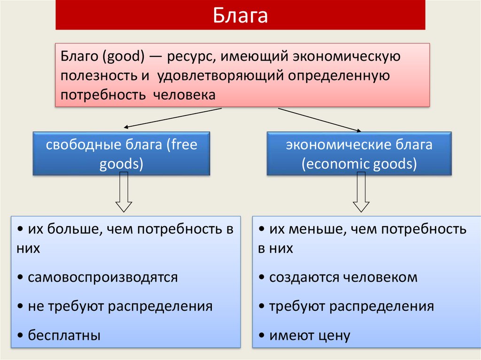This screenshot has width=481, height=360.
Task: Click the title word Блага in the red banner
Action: click(x=240, y=15)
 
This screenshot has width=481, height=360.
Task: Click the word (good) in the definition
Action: click(x=124, y=57)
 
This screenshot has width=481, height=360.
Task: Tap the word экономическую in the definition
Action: click(x=346, y=57)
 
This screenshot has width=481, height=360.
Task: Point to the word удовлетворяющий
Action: click(x=221, y=76)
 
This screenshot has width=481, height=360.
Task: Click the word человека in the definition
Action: click(x=184, y=95)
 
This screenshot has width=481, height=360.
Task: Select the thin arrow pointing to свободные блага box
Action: click(x=173, y=118)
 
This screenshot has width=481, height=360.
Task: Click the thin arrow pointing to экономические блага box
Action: click(x=319, y=120)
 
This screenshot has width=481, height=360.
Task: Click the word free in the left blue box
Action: click(x=184, y=144)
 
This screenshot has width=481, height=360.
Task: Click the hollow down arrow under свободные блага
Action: click(x=124, y=192)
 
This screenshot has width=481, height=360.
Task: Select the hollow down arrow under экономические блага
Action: click(x=361, y=192)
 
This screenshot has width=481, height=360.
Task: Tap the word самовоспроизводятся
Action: click(x=103, y=277)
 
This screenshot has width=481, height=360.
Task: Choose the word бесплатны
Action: click(x=64, y=335)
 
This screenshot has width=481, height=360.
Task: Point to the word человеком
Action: click(x=380, y=277)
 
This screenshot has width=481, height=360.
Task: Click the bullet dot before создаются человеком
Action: click(x=262, y=277)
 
